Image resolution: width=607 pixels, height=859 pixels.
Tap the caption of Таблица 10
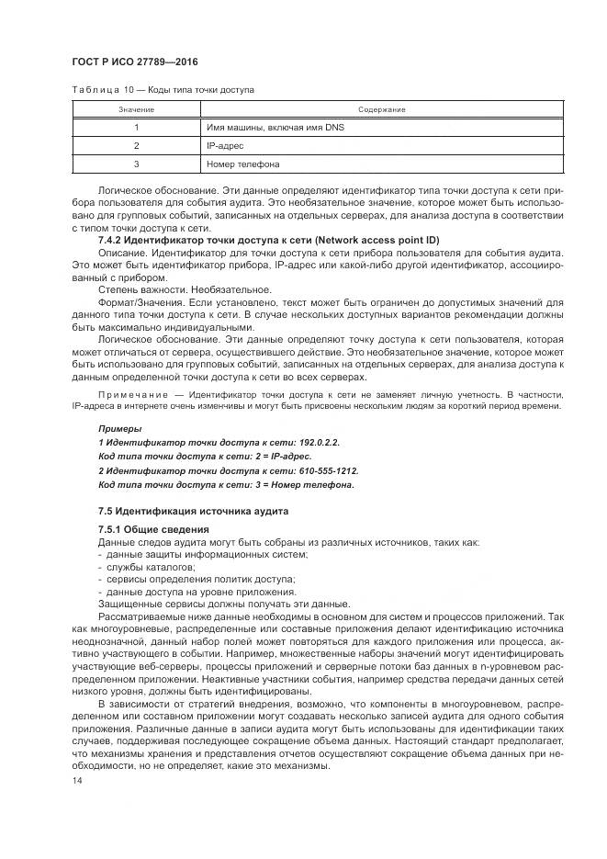163,89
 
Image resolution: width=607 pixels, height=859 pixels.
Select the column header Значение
136,109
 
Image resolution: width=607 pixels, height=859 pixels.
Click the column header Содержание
382,109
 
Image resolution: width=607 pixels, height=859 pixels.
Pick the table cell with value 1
136,127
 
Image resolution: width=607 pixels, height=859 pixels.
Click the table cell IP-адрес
225,145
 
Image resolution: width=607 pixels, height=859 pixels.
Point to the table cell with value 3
136,164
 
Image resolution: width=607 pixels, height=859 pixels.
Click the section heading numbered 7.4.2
269,240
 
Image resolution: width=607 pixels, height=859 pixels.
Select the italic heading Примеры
120,428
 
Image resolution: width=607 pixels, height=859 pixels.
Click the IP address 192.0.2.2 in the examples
317,442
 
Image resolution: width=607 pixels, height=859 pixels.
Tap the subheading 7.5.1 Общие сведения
153,529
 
